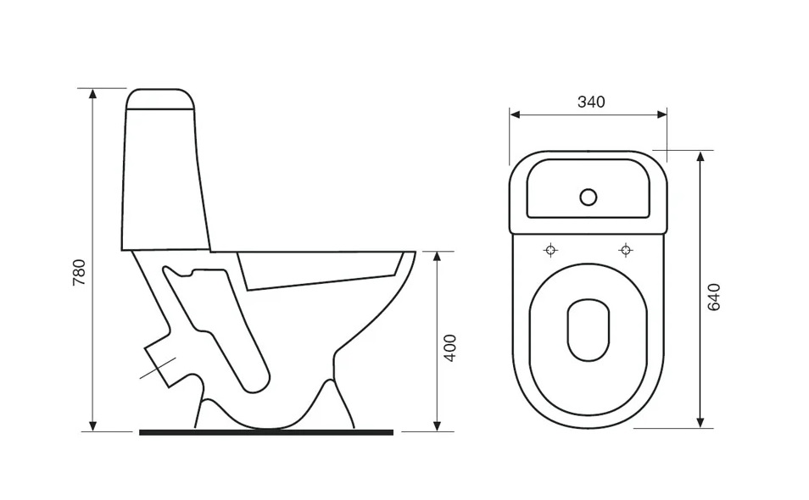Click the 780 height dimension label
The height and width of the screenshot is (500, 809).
coord(79,273)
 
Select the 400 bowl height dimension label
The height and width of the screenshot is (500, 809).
coord(450,348)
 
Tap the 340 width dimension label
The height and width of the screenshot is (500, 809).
coord(591,102)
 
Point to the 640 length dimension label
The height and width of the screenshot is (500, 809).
coord(713,297)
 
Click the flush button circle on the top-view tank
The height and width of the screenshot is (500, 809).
coord(589,197)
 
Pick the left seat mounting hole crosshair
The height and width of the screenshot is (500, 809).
coord(551,251)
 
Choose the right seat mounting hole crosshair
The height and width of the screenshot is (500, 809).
coord(626,251)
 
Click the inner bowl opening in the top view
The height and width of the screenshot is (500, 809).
coord(589,330)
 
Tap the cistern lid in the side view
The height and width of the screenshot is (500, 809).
coord(160,99)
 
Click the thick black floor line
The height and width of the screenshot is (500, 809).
coord(266,432)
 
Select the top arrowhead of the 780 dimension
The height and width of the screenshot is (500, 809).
coord(93,93)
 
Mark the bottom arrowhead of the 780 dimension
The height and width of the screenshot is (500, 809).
coord(93,425)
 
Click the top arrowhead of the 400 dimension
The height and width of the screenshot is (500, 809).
coord(437,257)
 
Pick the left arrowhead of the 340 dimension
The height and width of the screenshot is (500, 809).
coord(515,114)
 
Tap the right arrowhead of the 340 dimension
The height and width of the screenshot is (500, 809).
coord(662,114)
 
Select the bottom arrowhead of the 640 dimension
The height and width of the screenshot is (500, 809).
coord(700,422)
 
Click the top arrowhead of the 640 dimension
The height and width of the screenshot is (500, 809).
coord(700,156)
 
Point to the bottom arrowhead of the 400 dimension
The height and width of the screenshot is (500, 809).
coord(437,425)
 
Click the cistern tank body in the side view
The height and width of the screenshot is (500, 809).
coord(165,181)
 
